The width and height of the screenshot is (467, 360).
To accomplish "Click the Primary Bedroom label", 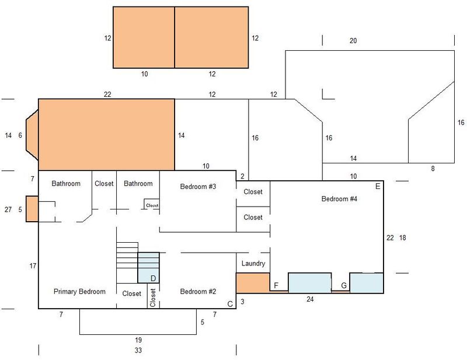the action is (x=79, y=292).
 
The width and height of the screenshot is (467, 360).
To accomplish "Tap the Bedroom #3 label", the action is (x=198, y=187).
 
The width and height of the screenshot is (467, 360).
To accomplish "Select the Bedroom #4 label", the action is (x=339, y=198).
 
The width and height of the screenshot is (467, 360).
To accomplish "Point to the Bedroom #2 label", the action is (x=198, y=292).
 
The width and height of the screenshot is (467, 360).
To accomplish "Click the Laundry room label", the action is (x=253, y=264).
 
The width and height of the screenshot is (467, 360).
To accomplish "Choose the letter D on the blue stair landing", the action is (x=153, y=279).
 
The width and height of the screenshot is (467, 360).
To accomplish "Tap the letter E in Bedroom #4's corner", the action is (x=378, y=186).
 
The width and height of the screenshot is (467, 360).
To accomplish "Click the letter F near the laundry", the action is (x=276, y=286).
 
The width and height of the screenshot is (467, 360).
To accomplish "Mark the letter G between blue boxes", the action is (x=344, y=286).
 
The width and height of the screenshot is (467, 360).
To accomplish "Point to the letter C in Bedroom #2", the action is (x=230, y=304).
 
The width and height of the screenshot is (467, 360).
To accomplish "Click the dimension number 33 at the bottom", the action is (x=138, y=351).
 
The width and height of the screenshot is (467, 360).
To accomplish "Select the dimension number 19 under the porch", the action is (x=138, y=340).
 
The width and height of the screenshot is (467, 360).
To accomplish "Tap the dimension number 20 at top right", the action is (x=353, y=41).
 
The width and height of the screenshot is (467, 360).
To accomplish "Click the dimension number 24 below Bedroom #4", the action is (x=310, y=299).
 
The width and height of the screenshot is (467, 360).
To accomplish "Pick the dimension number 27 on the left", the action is (x=8, y=209).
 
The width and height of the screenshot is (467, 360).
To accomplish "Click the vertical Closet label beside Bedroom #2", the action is (x=153, y=298).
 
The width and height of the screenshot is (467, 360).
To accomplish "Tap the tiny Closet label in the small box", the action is (x=152, y=205).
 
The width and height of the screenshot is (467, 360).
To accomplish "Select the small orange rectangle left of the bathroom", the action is (x=32, y=209).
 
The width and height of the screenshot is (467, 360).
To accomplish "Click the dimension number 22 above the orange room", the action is (x=107, y=95).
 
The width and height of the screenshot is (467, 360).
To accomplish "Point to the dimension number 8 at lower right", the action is (x=433, y=169).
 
